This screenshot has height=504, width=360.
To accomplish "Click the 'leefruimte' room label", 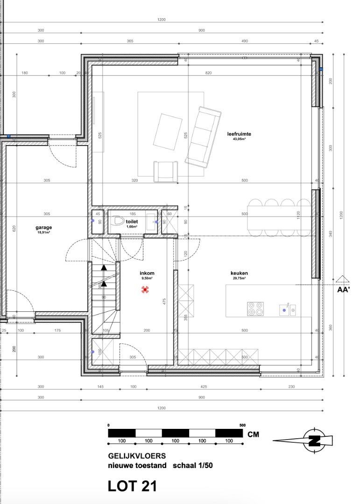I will tap(240, 134).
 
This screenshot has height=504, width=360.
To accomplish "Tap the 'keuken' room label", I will tap(239, 273).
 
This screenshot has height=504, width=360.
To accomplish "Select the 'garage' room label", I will tap(44, 228).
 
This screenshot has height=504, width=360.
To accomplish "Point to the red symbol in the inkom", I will tap(146, 290).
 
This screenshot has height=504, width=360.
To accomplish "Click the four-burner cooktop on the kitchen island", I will tap(255, 308).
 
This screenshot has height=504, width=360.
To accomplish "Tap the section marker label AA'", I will tap(344, 289).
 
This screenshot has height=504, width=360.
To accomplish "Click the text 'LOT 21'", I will tap(132, 486).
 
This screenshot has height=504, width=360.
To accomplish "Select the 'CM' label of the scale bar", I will tap(253, 434).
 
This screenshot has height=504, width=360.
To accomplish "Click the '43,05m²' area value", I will tap(240, 139).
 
